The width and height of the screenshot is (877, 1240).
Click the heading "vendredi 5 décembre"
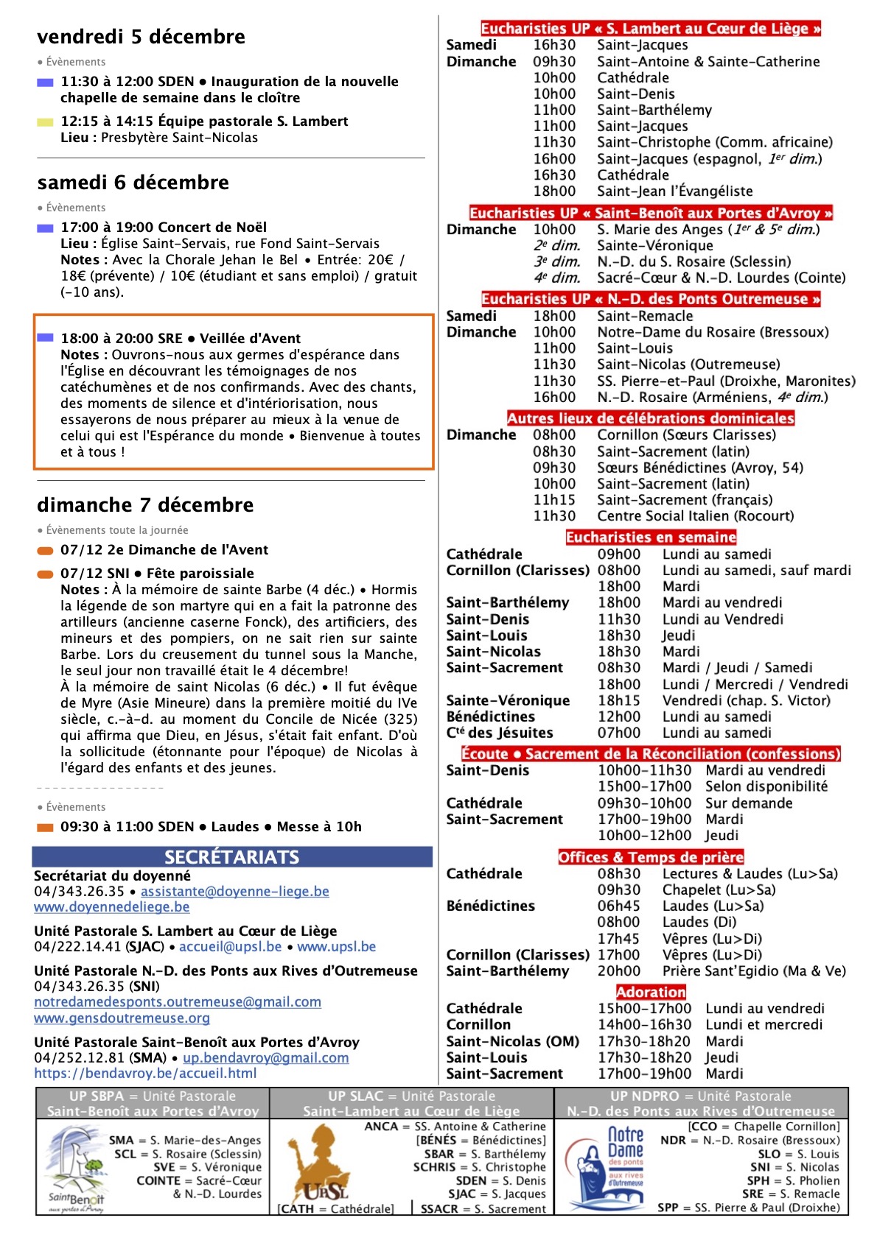(141, 37)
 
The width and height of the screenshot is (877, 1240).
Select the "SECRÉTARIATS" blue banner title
(231, 857)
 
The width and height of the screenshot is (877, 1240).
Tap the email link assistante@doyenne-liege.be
(235, 891)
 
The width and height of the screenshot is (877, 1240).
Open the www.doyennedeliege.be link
(111, 907)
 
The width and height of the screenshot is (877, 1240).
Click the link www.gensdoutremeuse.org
(122, 1018)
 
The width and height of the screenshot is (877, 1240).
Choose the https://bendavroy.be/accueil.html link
(145, 1074)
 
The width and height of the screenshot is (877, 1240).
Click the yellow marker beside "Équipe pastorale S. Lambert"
(45, 122)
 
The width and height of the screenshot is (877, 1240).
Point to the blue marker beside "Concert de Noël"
(45, 228)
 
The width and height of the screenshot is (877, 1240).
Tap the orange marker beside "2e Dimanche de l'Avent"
(45, 551)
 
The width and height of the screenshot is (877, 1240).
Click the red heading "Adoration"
(651, 992)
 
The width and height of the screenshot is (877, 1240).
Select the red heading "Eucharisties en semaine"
(651, 538)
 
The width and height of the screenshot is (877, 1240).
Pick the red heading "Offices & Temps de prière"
(651, 857)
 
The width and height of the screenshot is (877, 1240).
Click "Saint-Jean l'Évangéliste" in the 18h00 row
(674, 191)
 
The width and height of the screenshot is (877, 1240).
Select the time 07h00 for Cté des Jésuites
(619, 733)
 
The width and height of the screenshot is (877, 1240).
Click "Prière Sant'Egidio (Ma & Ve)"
(753, 971)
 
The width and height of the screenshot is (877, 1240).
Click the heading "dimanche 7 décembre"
(145, 505)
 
